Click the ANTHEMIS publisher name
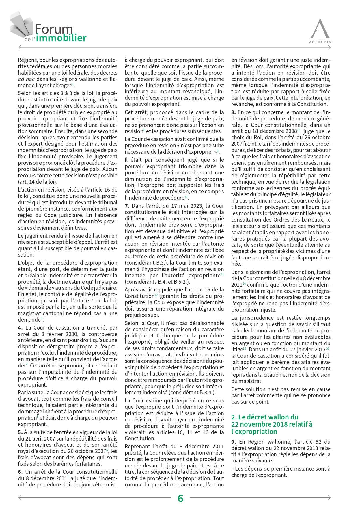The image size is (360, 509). pos(320,42)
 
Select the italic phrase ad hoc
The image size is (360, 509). pos(25,79)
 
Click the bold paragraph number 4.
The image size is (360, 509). pos(20,328)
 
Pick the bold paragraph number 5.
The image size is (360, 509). pos(20,432)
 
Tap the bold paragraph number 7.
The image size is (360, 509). pos(127,206)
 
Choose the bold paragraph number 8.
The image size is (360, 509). pos(233,112)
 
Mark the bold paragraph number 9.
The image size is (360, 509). pos(234,442)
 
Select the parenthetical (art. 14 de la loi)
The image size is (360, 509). pos(38,182)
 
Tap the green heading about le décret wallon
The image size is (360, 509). pos(272,424)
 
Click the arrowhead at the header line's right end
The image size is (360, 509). pos(329,47)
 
